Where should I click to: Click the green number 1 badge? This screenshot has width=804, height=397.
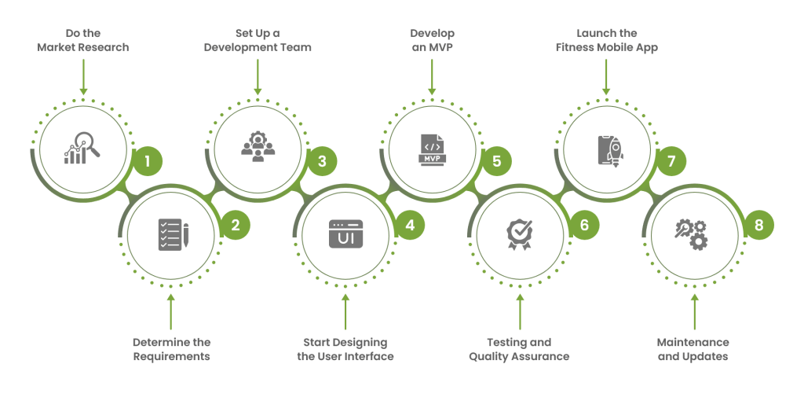pyautogui.click(x=148, y=163)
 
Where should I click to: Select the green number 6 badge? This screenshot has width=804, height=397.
pyautogui.click(x=583, y=226)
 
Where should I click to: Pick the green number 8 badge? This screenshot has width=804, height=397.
pyautogui.click(x=758, y=226)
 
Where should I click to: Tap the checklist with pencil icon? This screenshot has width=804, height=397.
pyautogui.click(x=170, y=234)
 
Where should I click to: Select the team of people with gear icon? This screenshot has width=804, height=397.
pyautogui.click(x=258, y=148)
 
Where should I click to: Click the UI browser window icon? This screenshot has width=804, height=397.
pyautogui.click(x=345, y=234)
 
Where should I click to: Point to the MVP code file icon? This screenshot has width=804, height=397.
pyautogui.click(x=432, y=148)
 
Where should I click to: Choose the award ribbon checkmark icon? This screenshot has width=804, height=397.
pyautogui.click(x=519, y=234)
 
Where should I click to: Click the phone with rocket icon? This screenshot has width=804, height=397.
pyautogui.click(x=607, y=148)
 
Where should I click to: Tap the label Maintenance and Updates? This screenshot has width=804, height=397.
pyautogui.click(x=694, y=350)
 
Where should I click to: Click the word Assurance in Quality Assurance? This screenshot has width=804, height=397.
pyautogui.click(x=543, y=357)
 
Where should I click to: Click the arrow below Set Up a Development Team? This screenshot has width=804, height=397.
pyautogui.click(x=258, y=78)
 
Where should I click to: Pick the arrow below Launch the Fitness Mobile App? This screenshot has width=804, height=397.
pyautogui.click(x=606, y=78)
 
